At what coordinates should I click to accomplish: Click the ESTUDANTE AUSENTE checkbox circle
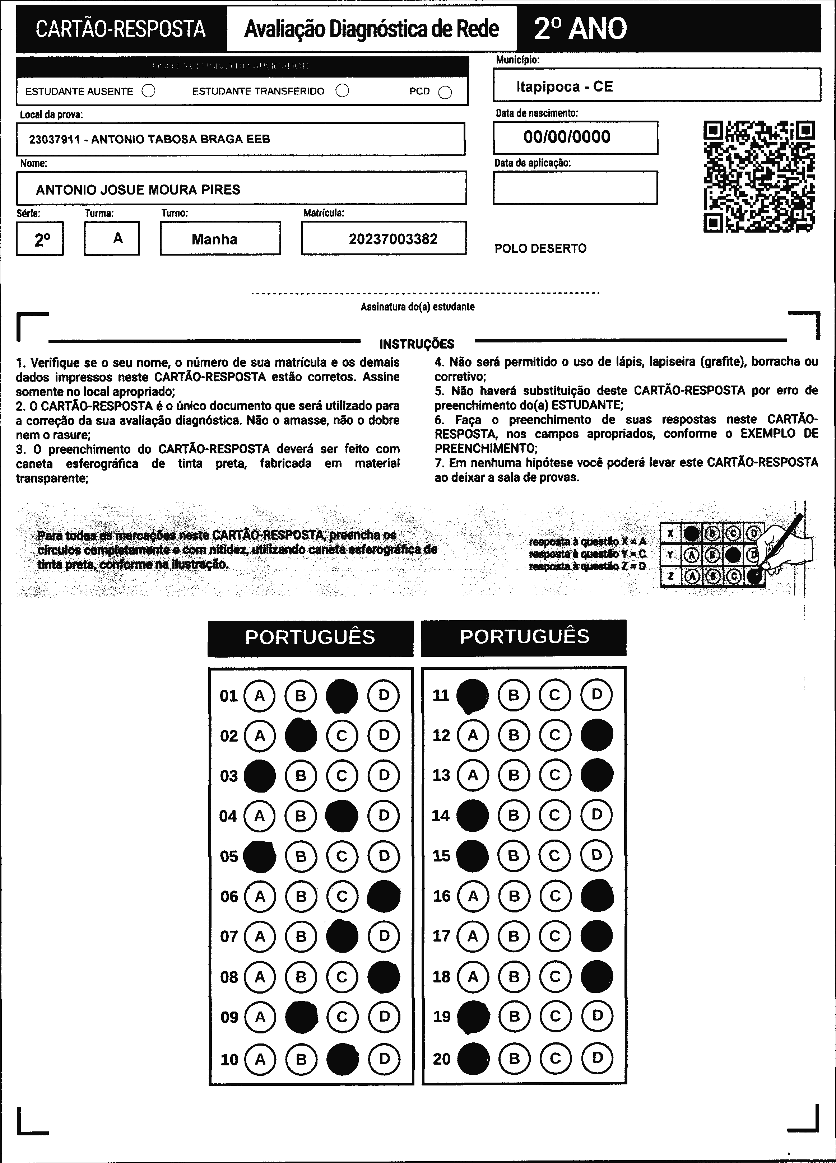click(x=149, y=91)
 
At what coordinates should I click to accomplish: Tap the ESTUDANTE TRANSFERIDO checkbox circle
click(x=342, y=91)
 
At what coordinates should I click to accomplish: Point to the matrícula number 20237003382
click(x=393, y=239)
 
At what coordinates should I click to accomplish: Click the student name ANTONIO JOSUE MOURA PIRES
click(x=138, y=190)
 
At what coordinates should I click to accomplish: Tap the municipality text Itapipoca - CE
click(x=565, y=86)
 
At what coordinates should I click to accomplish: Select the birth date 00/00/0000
click(x=567, y=137)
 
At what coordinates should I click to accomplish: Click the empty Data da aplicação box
click(x=575, y=188)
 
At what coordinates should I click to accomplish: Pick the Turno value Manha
click(x=214, y=239)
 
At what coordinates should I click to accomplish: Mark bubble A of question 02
click(x=260, y=736)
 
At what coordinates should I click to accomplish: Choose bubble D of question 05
click(x=384, y=856)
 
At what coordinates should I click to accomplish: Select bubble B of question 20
click(x=514, y=1059)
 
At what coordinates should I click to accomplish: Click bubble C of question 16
click(x=555, y=896)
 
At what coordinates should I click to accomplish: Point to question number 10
click(x=229, y=1059)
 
